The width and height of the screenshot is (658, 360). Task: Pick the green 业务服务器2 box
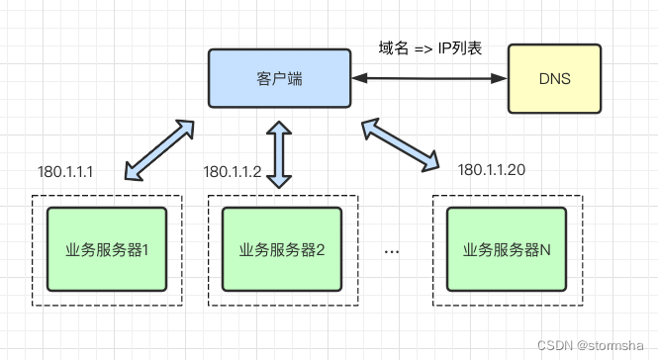tap(282, 249)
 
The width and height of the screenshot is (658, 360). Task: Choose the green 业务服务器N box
tap(507, 249)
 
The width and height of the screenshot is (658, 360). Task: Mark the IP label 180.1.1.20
tap(492, 170)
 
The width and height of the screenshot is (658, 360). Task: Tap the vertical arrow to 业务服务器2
tap(280, 153)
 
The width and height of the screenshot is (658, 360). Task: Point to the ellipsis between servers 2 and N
tap(391, 251)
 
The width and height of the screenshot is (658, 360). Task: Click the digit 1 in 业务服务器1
tap(144, 249)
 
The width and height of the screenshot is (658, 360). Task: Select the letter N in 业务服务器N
tap(545, 249)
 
